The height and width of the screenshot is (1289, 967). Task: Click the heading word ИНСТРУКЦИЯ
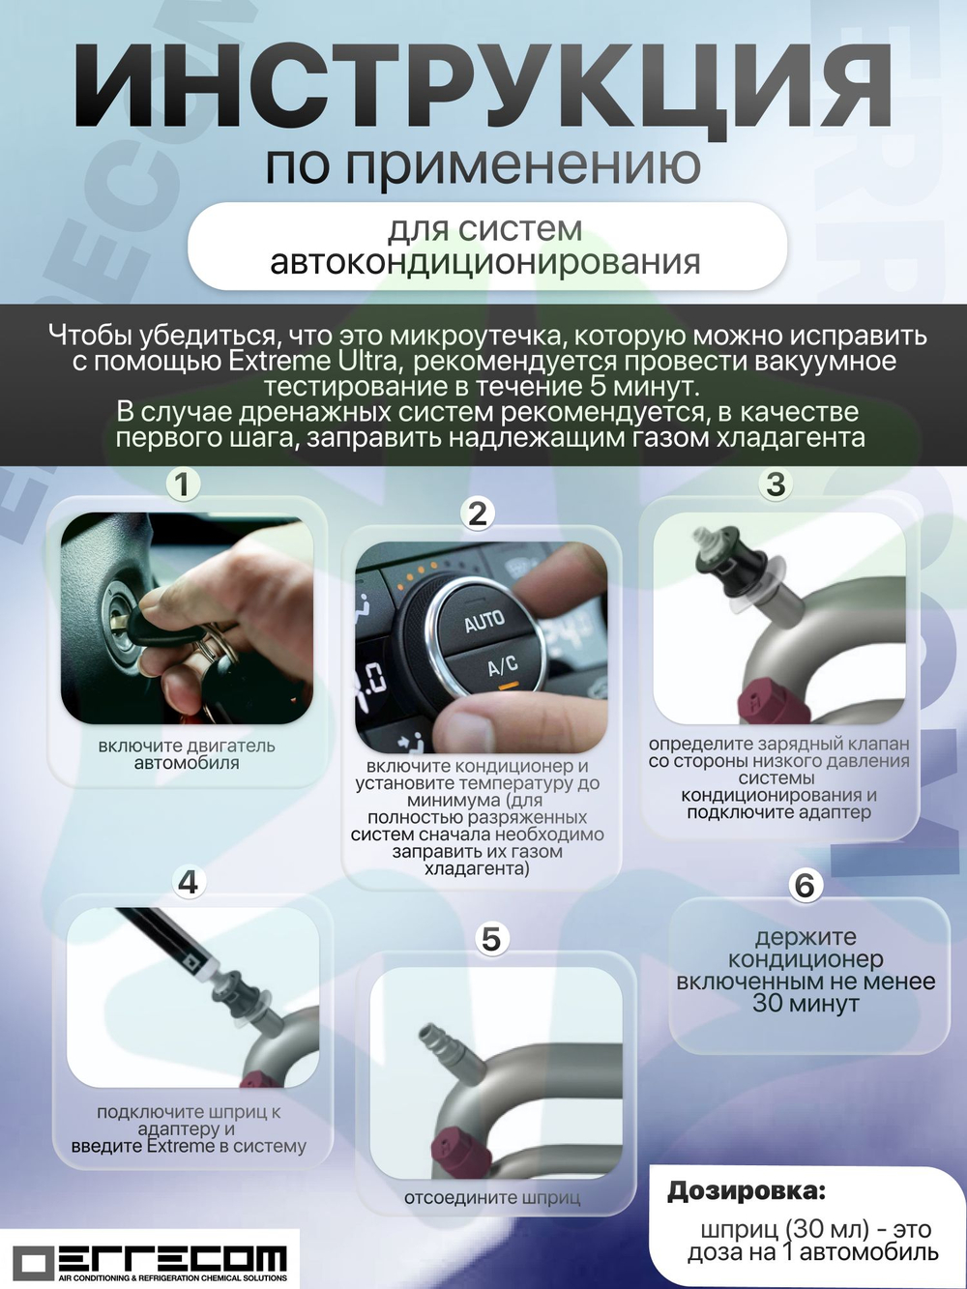[482, 88]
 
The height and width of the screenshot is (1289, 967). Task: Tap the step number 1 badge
[183, 483]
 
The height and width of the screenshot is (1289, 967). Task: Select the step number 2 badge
[478, 513]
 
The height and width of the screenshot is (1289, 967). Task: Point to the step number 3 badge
[776, 483]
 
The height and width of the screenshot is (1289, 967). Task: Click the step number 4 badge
[188, 881]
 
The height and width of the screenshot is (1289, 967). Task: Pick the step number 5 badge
[491, 938]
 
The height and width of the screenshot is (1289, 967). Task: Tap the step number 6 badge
[805, 885]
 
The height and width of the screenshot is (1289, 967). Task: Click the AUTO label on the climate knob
[483, 621]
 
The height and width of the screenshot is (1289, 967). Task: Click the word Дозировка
[747, 1191]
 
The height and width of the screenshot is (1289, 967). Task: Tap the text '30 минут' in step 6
[806, 1004]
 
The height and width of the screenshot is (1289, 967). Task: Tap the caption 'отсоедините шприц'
[491, 1198]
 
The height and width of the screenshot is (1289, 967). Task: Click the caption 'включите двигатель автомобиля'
[187, 754]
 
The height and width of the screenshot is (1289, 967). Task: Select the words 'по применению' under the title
[483, 165]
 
